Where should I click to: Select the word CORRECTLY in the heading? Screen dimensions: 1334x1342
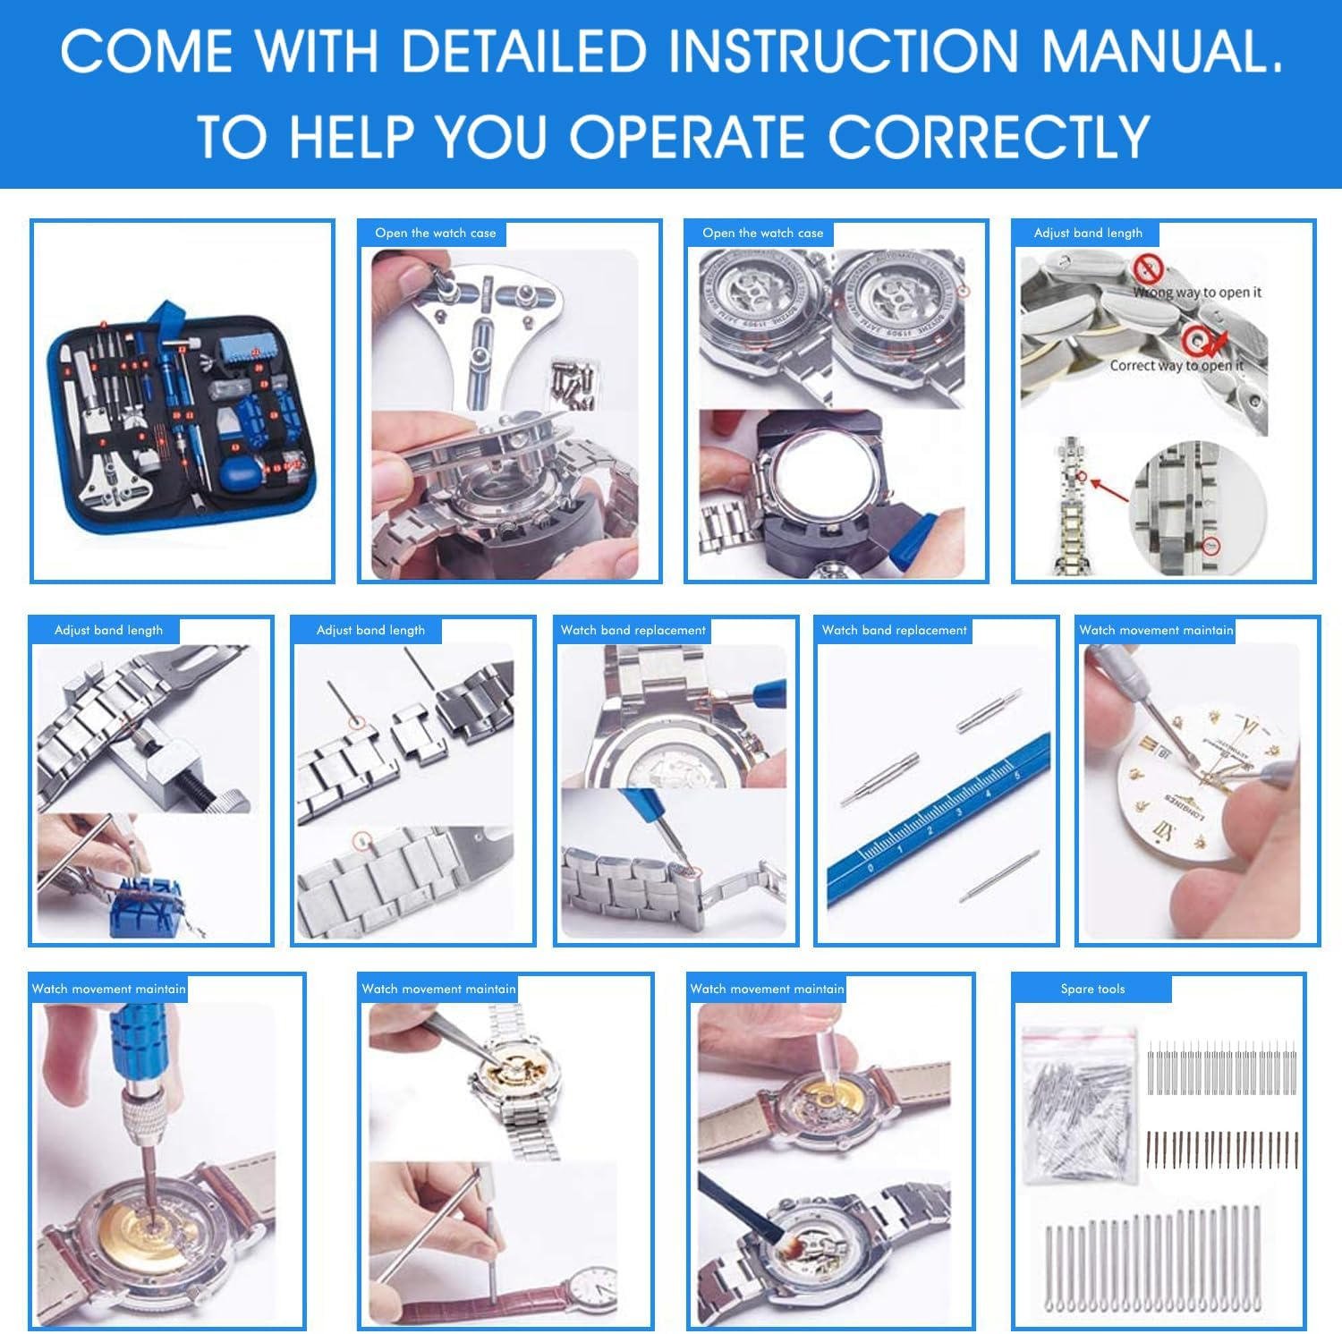pos(988,137)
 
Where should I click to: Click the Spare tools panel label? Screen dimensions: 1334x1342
pos(1091,989)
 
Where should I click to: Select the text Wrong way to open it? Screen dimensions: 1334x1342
pos(1196,292)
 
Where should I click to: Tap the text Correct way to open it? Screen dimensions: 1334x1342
pos(1176,365)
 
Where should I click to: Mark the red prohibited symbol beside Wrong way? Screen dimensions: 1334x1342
pos(1148,268)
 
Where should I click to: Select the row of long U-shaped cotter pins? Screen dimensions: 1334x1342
pos(1154,1262)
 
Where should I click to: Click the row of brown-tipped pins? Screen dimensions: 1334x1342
pos(1222,1149)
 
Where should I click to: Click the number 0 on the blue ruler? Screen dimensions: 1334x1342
pos(870,867)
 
